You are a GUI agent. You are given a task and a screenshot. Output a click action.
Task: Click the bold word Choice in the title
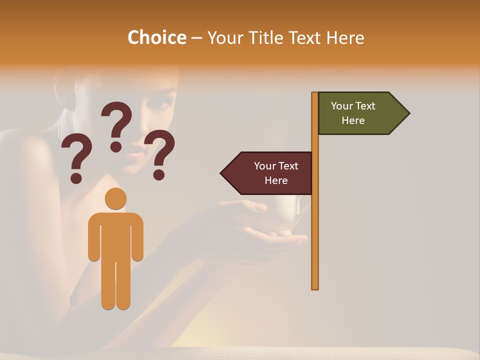click(x=156, y=37)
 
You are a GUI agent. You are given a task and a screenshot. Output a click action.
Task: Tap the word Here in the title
click(x=345, y=37)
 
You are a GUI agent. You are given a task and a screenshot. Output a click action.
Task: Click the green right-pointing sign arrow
click(x=360, y=113)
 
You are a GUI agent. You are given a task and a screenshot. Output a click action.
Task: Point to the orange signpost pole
click(x=315, y=225)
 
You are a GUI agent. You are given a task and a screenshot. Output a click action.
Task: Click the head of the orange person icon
click(x=115, y=198)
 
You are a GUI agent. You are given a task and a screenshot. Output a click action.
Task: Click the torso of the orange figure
click(x=115, y=235)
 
